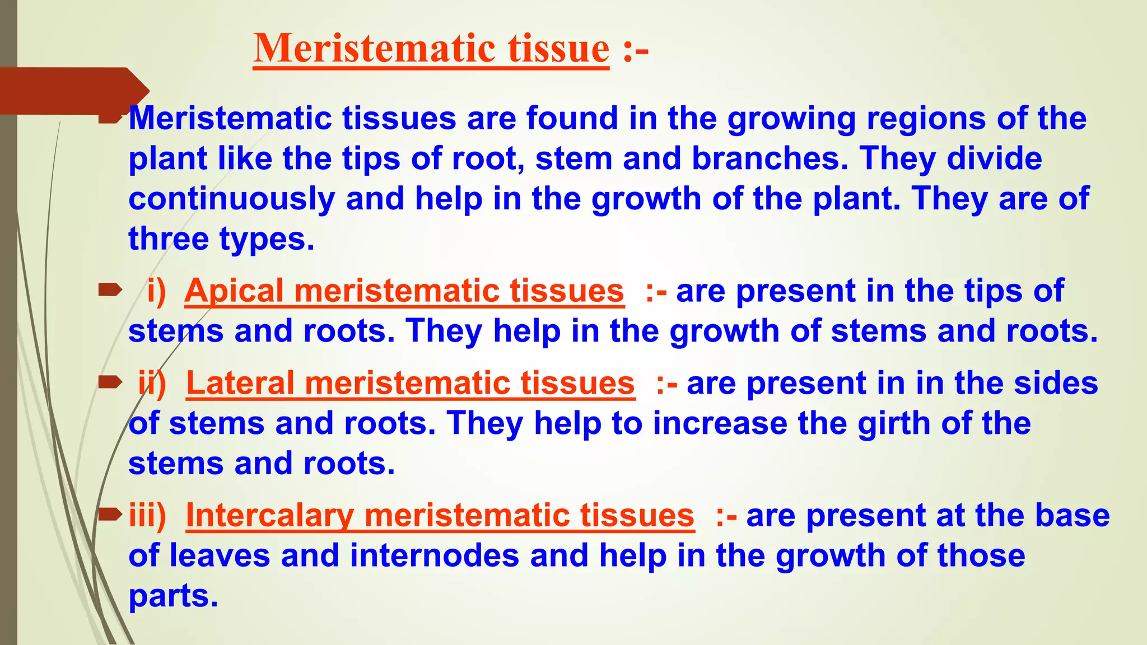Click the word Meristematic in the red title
coord(374,48)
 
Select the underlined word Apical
coord(234,291)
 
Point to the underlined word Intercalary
coord(269,516)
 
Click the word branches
coord(770,158)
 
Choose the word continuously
coord(231,199)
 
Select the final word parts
coord(172,596)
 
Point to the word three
coord(168,239)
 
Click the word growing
coord(791,119)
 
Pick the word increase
coord(720,423)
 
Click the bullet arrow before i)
coord(110,289)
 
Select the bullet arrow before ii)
coord(110,382)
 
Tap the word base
coord(1072,516)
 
